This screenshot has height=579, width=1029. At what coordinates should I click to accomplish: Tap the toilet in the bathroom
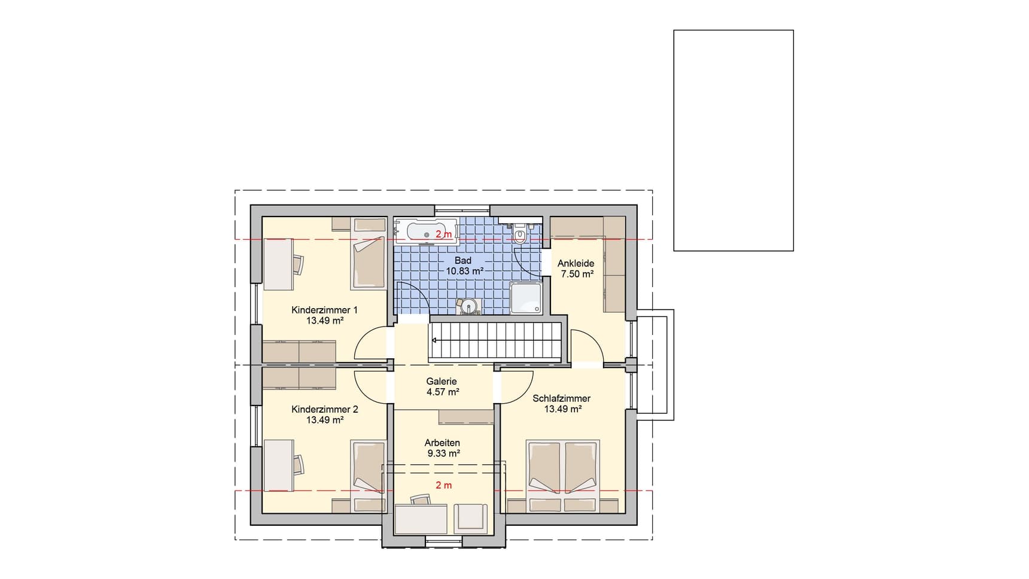click(x=520, y=234)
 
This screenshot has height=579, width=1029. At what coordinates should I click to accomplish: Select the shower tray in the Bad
click(x=526, y=298)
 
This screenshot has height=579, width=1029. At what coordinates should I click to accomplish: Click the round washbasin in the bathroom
click(x=468, y=306)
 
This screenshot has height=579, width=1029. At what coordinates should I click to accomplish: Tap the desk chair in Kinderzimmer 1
click(x=299, y=264)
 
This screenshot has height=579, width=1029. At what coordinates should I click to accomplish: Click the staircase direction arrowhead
click(x=433, y=340)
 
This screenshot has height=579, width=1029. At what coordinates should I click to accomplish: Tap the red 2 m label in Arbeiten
click(x=444, y=485)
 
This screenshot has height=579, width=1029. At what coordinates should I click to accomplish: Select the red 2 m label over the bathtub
click(x=444, y=234)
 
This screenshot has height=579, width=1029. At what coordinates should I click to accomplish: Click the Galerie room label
click(x=442, y=381)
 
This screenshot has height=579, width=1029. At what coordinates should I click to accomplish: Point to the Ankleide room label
click(x=576, y=263)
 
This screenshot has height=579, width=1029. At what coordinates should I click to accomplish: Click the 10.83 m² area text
click(x=465, y=271)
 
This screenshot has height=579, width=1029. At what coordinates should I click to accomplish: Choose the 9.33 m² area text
click(x=443, y=453)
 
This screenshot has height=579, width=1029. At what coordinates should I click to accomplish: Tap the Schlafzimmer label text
click(x=562, y=398)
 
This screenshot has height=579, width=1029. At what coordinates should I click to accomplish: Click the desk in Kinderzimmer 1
click(x=279, y=264)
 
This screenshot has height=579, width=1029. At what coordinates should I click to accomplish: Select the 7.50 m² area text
click(x=577, y=274)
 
